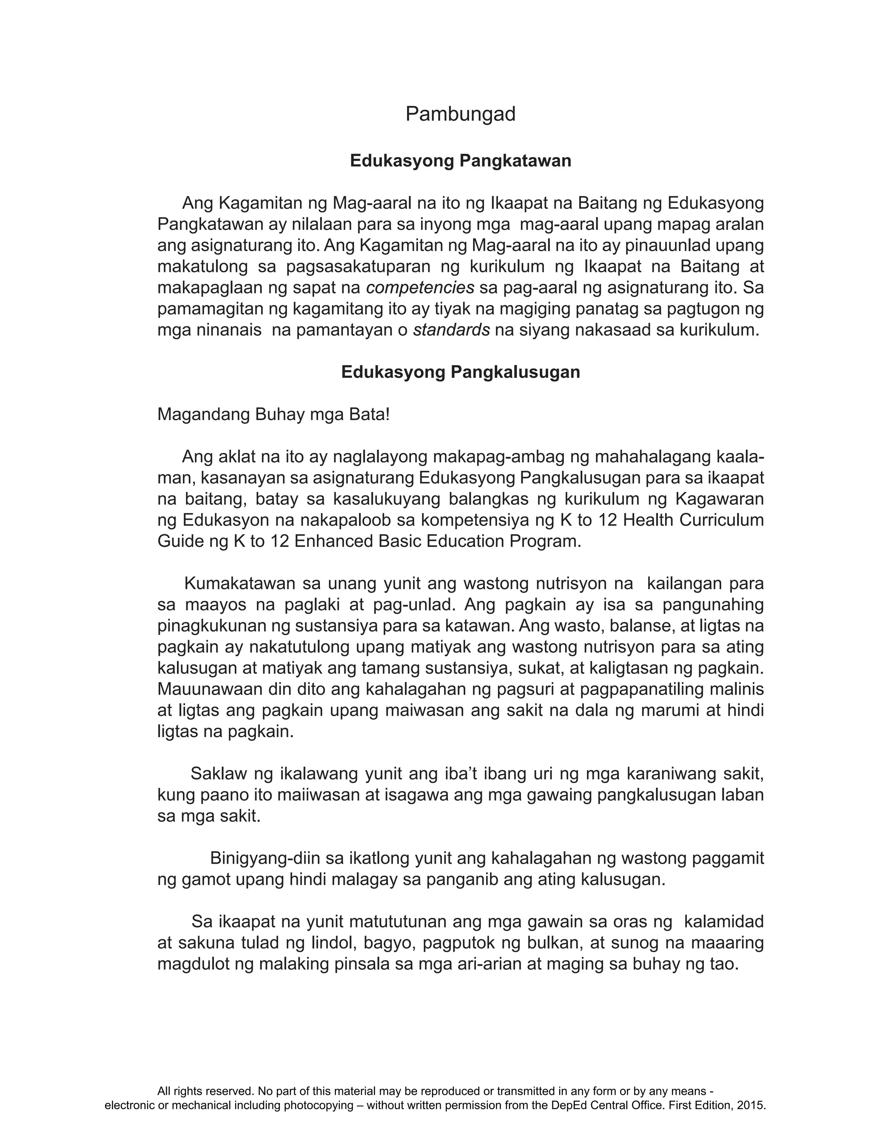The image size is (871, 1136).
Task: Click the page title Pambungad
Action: [x=461, y=114]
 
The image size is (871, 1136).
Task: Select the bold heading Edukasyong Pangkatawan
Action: [x=461, y=161]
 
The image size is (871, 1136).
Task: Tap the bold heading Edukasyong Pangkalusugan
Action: [x=461, y=372]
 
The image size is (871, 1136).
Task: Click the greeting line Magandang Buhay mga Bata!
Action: [x=273, y=415]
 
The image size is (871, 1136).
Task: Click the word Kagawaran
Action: [x=720, y=499]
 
